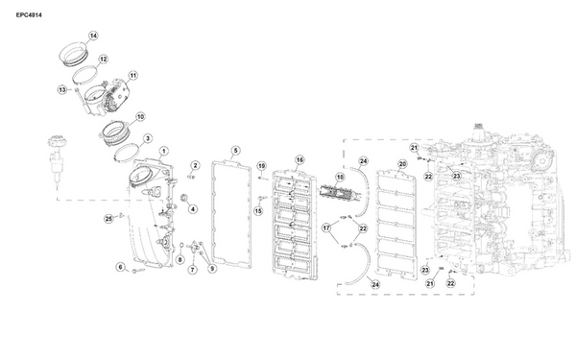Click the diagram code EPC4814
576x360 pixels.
point(29,15)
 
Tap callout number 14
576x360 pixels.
point(93,36)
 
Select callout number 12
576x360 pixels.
point(104,59)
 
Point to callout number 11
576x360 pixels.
point(133,75)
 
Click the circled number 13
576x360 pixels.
point(62,89)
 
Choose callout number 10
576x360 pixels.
point(140,117)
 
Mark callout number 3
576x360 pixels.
point(147,138)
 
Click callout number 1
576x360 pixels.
point(164,151)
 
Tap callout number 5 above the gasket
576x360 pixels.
point(235,151)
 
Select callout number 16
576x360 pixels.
point(300,159)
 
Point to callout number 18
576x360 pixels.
point(340,178)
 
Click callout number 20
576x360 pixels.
point(402,164)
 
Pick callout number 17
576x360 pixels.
point(326,228)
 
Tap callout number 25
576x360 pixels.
point(108,219)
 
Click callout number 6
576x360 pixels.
point(121,267)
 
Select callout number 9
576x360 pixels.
point(211,269)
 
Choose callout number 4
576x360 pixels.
point(193,209)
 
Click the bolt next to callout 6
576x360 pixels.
point(138,271)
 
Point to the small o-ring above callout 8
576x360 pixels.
point(181,245)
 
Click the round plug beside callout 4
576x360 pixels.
point(183,198)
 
